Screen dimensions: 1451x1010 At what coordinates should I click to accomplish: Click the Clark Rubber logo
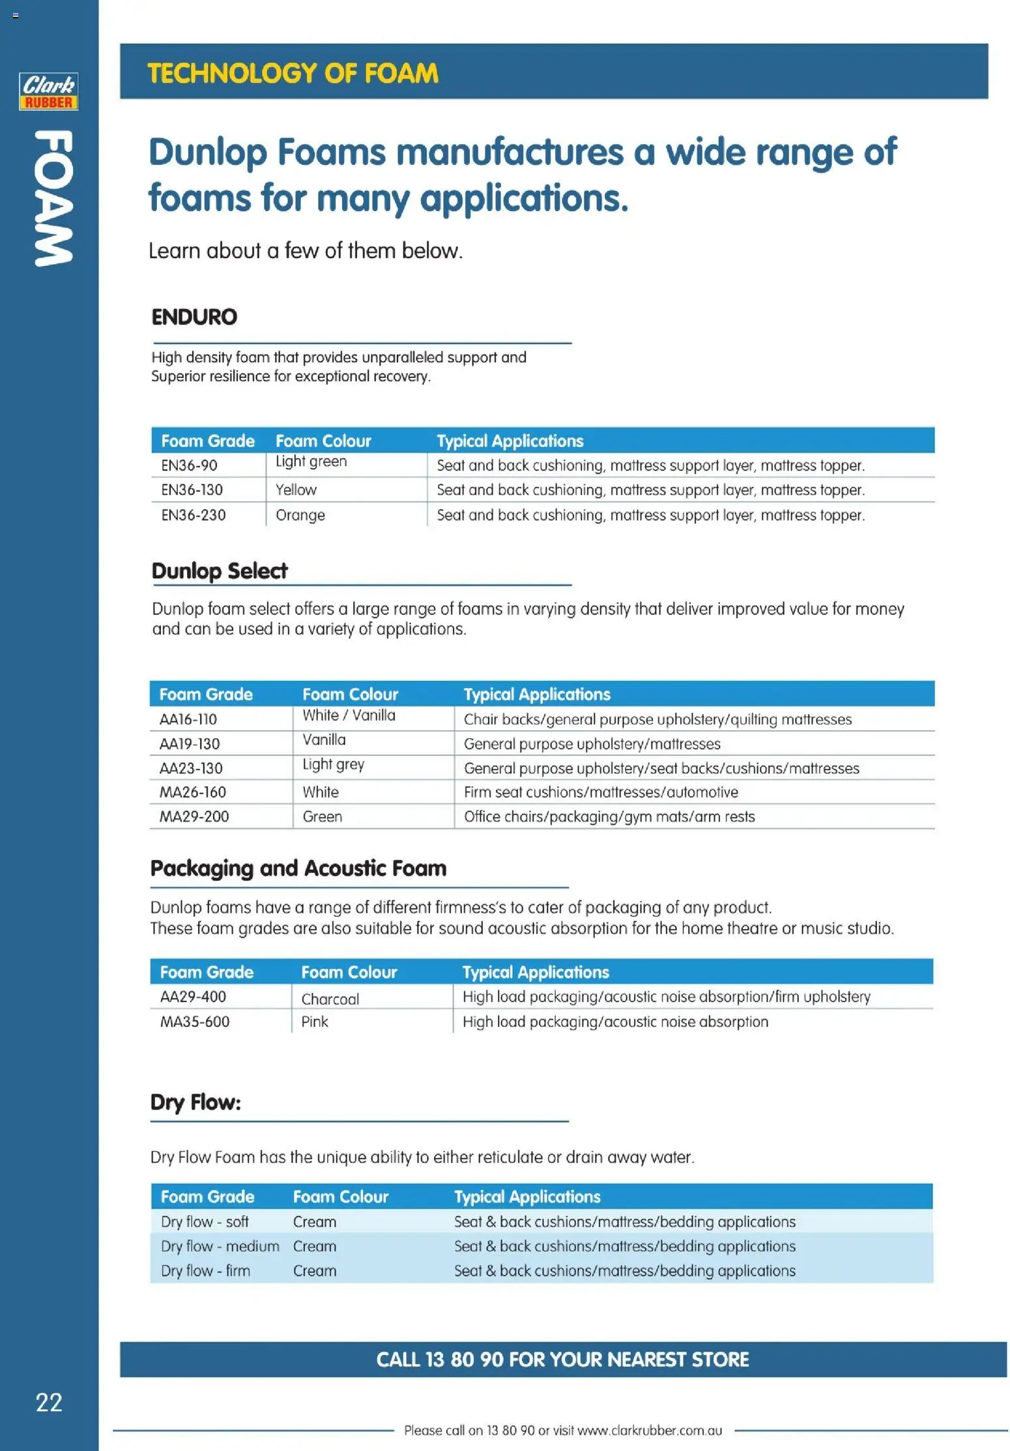coord(48,91)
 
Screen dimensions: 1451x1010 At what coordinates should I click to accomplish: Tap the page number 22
coord(49,1403)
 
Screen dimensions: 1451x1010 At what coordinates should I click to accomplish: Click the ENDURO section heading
coord(194,317)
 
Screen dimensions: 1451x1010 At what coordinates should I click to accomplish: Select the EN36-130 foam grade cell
coord(192,490)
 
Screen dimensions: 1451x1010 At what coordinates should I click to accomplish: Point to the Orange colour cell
coord(300,515)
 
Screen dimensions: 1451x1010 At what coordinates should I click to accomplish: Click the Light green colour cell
coord(311,461)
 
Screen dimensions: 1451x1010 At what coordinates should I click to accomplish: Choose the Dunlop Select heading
coord(219,571)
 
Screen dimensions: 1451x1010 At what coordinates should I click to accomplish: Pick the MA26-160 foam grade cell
coord(193,792)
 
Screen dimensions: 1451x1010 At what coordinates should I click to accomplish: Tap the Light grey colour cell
coord(333,764)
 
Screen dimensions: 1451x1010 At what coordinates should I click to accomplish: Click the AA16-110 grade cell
coord(188,719)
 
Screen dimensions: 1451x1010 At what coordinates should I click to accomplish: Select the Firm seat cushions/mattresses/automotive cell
coord(600,792)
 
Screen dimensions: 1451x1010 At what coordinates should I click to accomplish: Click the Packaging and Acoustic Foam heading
coord(298,869)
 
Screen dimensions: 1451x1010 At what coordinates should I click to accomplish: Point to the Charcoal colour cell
coord(330,999)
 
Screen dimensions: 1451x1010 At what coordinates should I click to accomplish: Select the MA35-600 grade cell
coord(195,1022)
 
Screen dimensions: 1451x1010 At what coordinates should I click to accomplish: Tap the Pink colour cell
coord(315,1022)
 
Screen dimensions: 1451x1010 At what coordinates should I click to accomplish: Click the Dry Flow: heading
coord(195,1102)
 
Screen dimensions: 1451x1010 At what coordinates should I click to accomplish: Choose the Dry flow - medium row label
coord(220,1246)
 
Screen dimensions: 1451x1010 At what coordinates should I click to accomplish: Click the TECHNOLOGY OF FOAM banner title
coord(293,73)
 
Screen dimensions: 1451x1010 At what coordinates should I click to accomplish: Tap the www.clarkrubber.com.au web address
coord(650,1431)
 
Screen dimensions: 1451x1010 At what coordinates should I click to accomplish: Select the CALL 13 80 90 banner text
coord(562,1360)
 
